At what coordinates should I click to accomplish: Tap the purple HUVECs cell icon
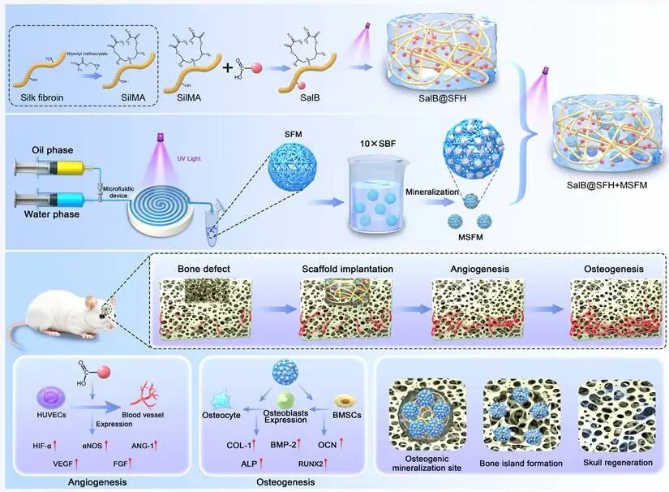pyautogui.click(x=50, y=396)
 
